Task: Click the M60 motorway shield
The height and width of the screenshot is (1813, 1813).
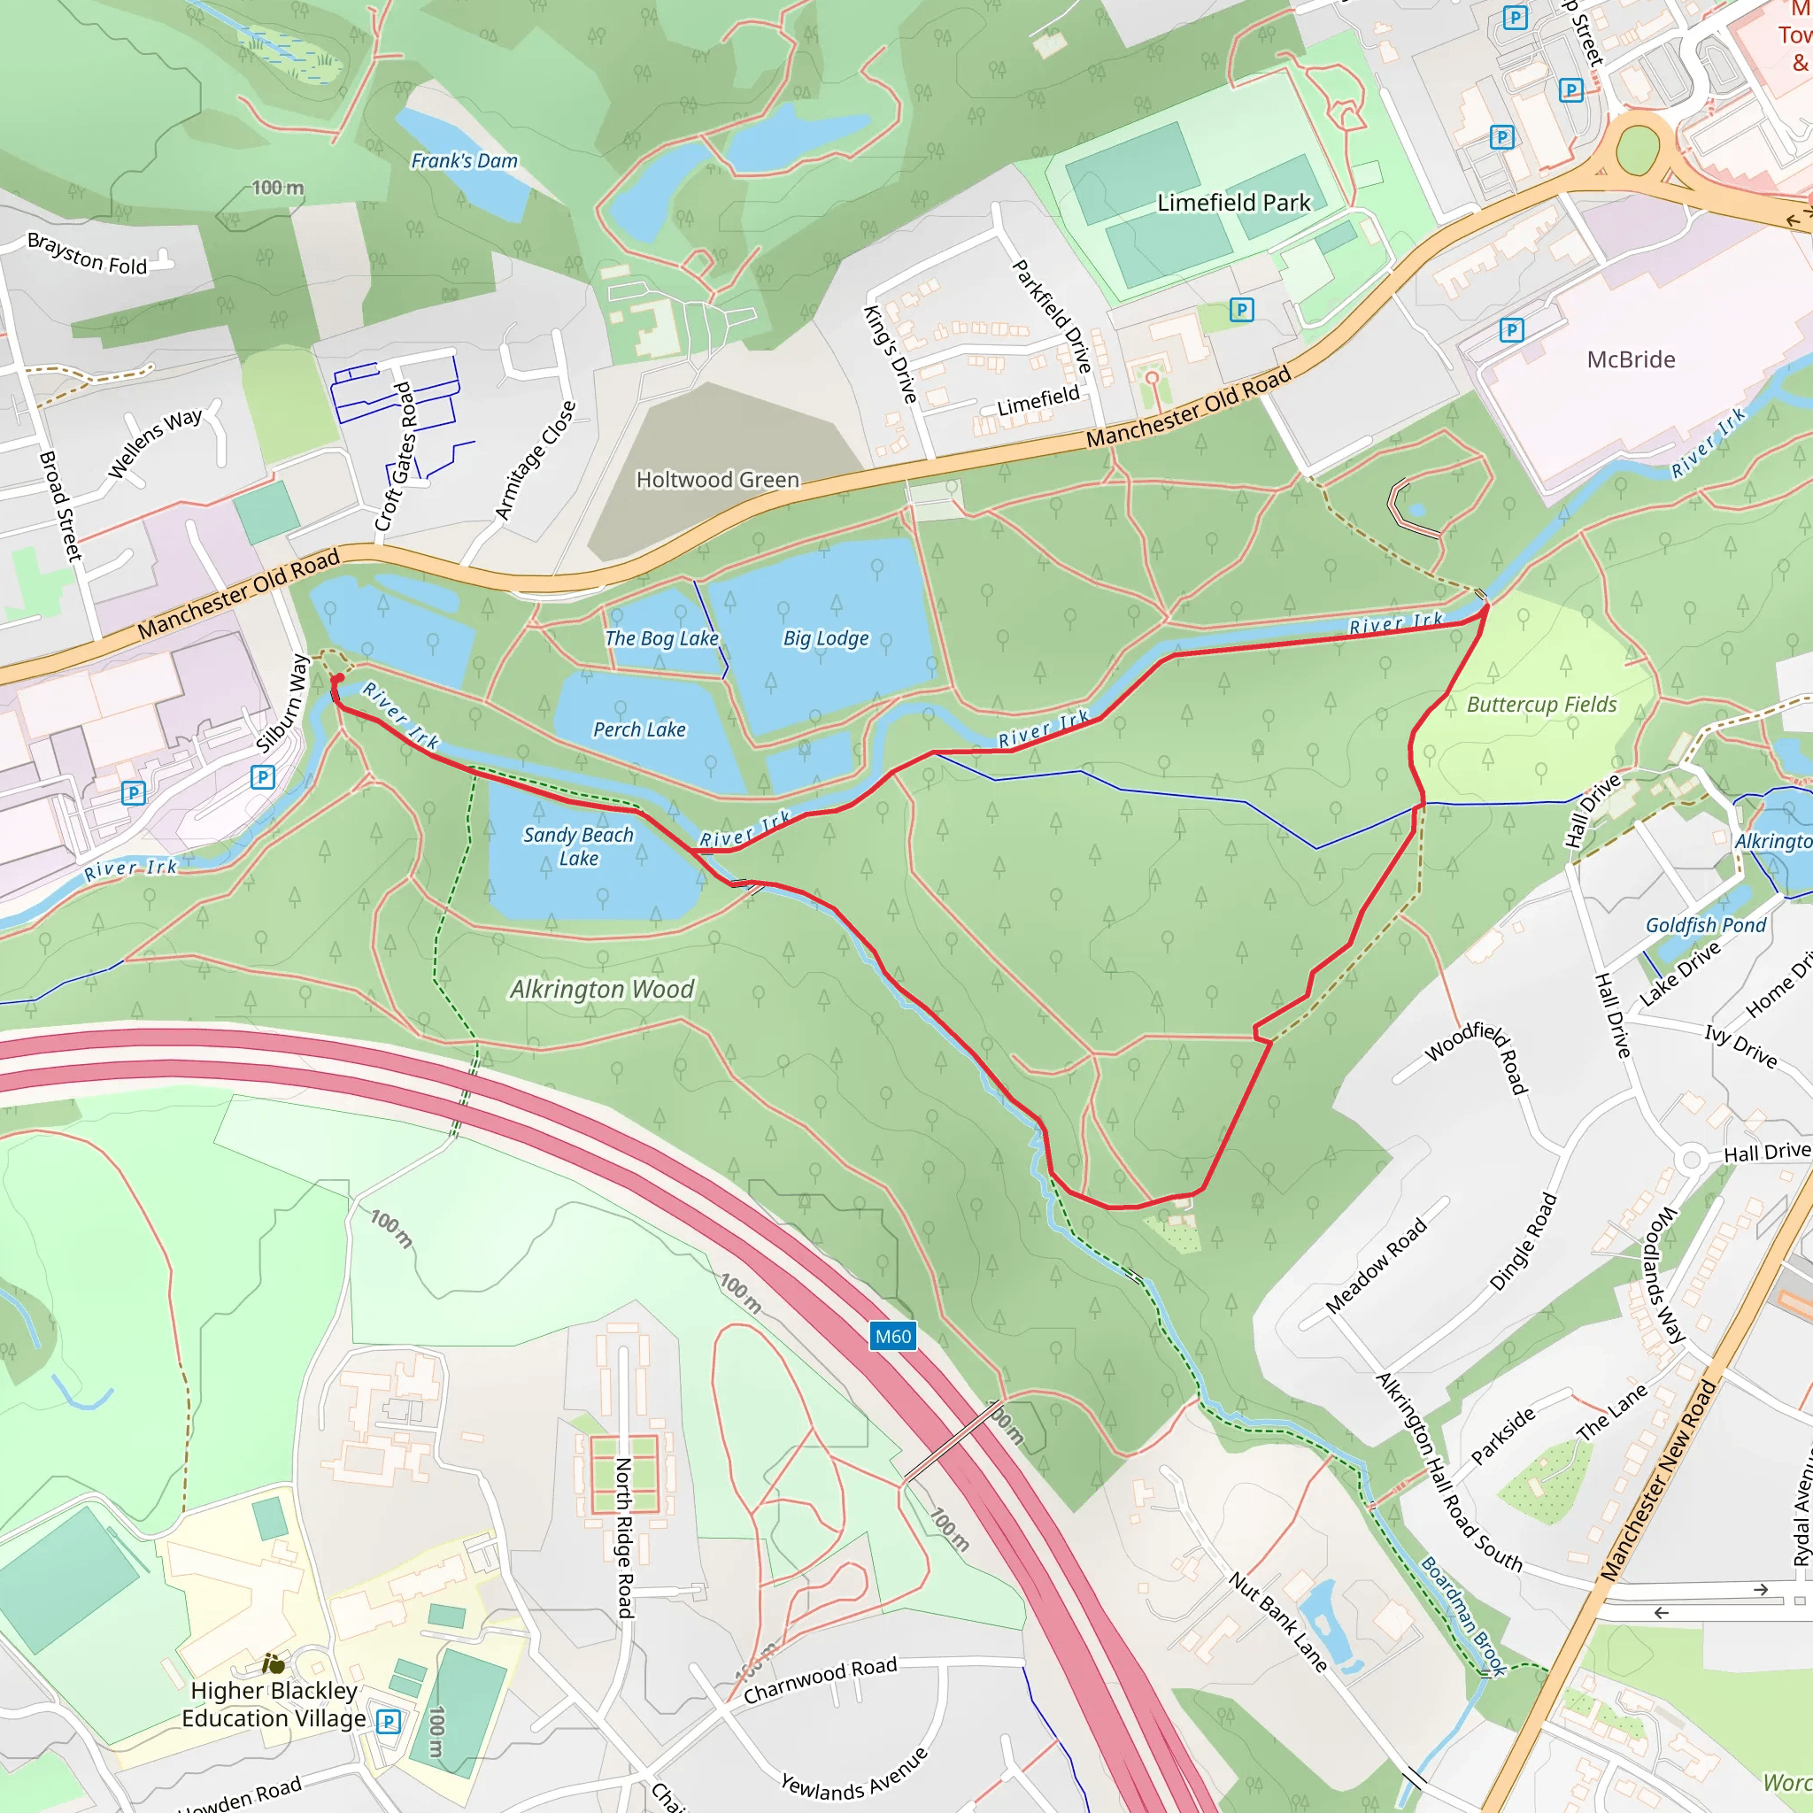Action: (892, 1336)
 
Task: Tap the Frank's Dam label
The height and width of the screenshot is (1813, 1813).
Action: (464, 161)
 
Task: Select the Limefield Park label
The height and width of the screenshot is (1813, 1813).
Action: (1233, 203)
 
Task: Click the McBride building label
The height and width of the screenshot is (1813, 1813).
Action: (1630, 359)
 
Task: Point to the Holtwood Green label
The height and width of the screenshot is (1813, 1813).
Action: (717, 480)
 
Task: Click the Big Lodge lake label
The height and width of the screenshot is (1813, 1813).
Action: (826, 638)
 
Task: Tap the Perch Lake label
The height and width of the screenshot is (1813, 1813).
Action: (639, 729)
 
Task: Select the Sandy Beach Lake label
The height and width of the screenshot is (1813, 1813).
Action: (578, 845)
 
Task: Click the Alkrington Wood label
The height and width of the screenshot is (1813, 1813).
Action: (601, 989)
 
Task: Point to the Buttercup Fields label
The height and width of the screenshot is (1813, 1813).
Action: (1541, 705)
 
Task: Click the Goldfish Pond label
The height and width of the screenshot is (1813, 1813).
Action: (1705, 925)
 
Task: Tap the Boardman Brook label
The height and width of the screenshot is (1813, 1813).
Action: (1463, 1615)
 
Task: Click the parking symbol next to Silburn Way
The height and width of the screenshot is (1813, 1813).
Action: (263, 777)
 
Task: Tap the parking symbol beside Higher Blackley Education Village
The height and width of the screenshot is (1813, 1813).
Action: (388, 1721)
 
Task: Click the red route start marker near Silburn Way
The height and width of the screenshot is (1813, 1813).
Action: (338, 678)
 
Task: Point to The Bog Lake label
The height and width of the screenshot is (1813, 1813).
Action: (661, 638)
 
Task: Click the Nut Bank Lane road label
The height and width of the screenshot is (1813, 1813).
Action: (1278, 1623)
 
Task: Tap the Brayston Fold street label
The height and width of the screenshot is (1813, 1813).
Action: (88, 254)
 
